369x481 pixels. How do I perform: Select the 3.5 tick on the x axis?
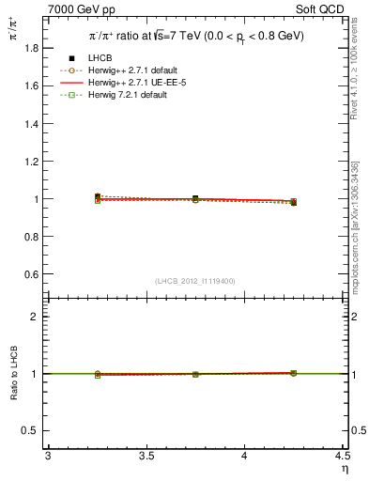pos(145,456)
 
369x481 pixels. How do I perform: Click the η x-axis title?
pos(344,468)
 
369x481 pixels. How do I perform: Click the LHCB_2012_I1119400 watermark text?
pos(195,281)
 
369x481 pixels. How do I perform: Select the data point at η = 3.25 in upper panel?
pos(97,196)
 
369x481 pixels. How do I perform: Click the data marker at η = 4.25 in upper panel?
pos(293,202)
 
